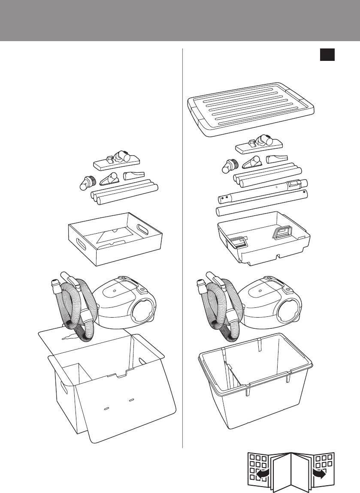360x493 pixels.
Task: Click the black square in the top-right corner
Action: tap(327, 55)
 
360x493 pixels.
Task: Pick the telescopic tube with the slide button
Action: tap(263, 193)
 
